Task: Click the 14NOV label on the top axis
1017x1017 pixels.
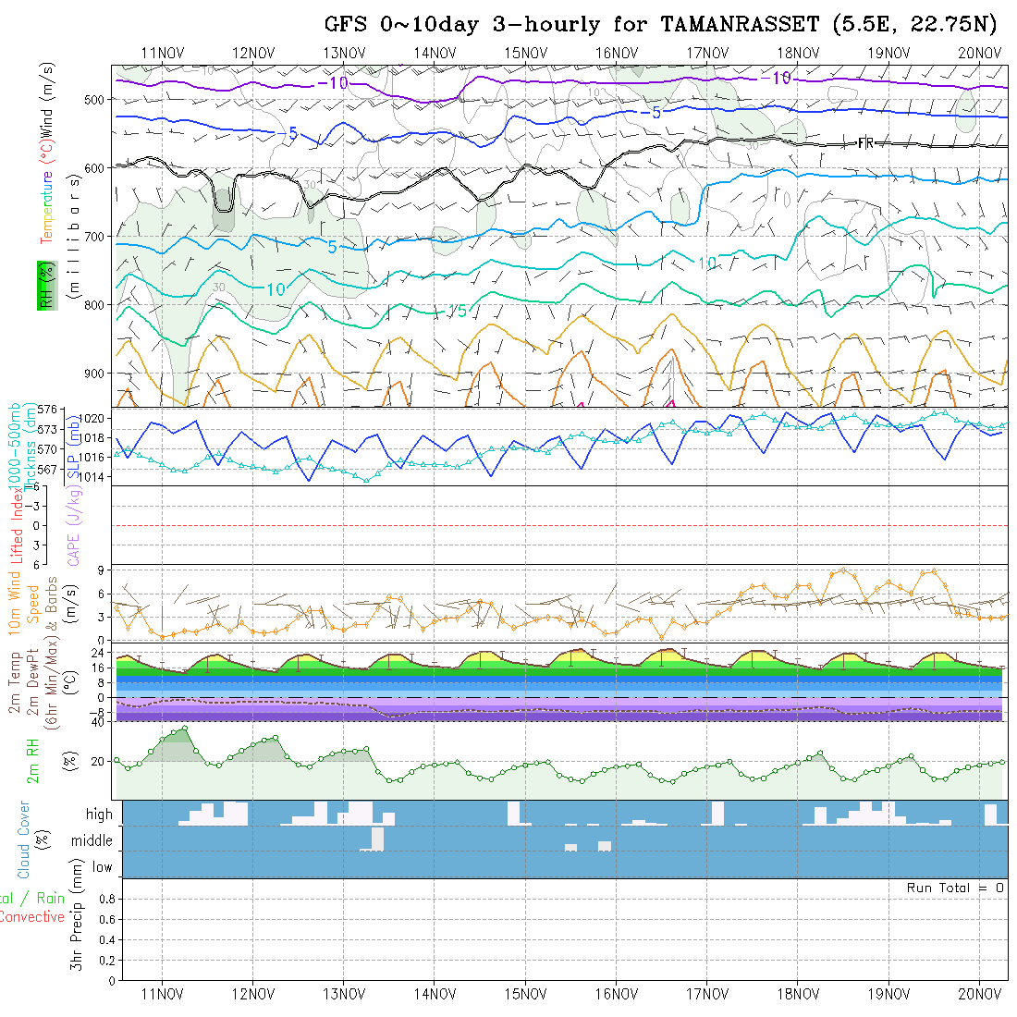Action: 434,53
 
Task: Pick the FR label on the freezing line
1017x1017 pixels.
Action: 866,142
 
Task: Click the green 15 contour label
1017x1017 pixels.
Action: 457,312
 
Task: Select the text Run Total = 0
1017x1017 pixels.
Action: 955,888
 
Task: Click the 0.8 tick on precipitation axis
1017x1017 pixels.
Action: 106,899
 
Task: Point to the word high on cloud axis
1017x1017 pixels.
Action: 99,815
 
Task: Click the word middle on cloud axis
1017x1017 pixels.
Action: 92,841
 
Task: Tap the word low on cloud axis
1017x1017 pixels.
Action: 102,867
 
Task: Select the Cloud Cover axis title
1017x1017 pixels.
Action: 24,839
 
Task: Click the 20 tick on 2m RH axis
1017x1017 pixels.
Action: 95,761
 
